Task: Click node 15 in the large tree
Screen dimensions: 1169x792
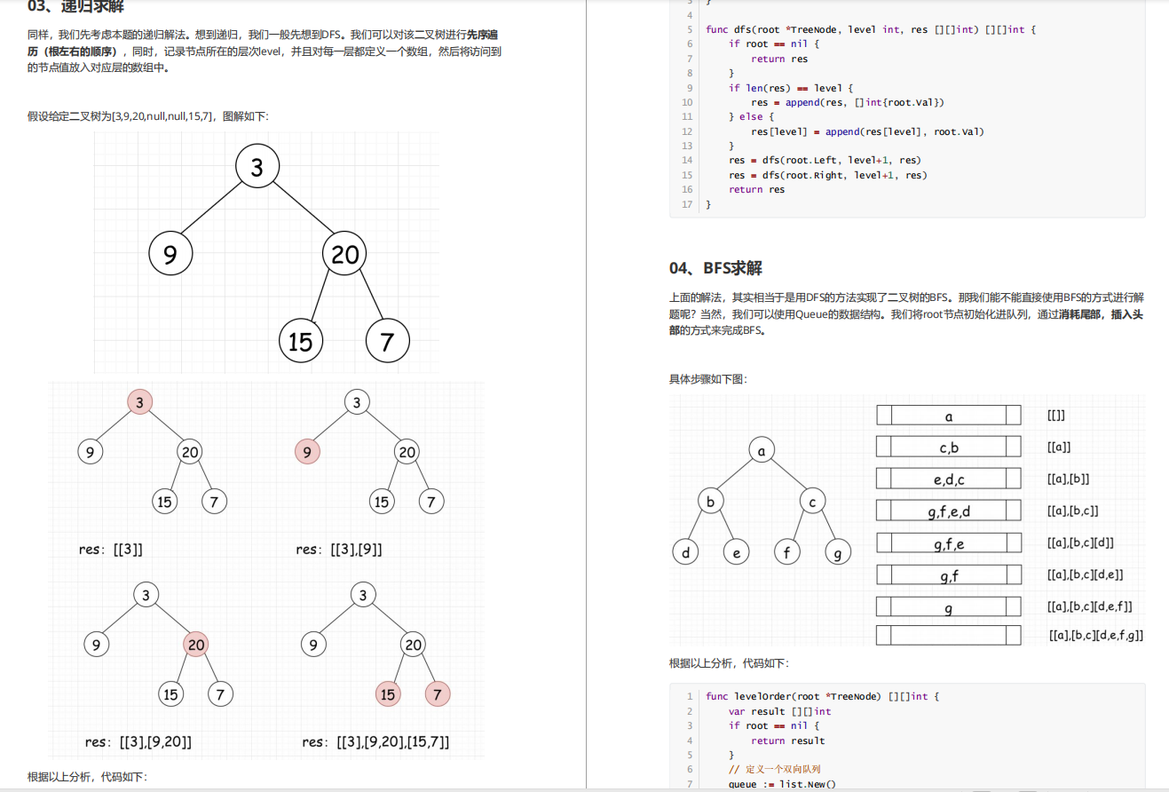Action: click(x=301, y=341)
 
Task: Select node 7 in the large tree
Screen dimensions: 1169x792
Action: click(x=388, y=341)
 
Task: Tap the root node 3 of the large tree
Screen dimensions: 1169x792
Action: click(x=257, y=166)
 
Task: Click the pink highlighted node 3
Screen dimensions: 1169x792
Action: click(x=140, y=402)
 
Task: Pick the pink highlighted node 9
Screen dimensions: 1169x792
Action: click(x=307, y=452)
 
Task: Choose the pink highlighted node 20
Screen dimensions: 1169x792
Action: click(x=196, y=645)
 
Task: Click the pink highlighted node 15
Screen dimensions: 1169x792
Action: click(x=388, y=693)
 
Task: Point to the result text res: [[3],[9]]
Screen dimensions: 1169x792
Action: click(x=339, y=550)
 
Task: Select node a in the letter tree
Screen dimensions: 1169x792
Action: click(x=762, y=450)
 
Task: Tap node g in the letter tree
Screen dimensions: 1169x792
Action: click(x=838, y=552)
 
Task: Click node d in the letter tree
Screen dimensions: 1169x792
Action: click(x=686, y=552)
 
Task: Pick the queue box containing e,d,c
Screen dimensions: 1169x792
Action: click(x=949, y=479)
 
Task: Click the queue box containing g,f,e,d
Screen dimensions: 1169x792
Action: click(x=949, y=510)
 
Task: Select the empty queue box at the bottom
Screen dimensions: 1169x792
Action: click(x=949, y=635)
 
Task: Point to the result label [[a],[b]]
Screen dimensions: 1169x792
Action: click(x=1069, y=479)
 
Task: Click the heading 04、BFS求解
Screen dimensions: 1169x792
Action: click(x=715, y=268)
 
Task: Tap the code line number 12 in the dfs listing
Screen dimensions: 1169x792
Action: click(x=687, y=131)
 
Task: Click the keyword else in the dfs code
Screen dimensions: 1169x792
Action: click(x=751, y=116)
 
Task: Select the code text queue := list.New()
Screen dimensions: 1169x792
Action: click(x=782, y=784)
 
